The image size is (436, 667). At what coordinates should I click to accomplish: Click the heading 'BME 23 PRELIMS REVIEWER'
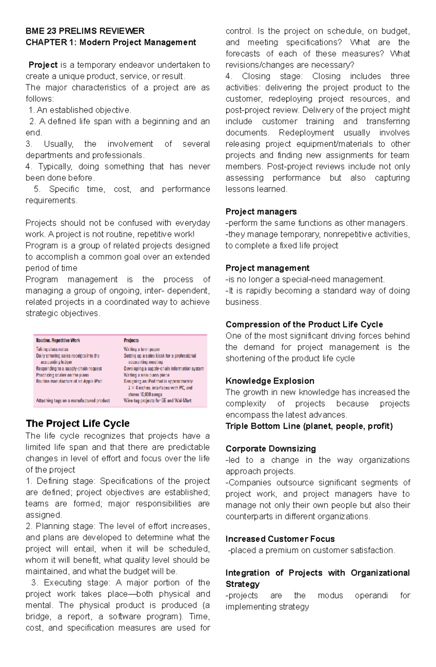[85, 31]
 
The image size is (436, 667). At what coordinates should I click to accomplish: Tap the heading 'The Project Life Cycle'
[77, 423]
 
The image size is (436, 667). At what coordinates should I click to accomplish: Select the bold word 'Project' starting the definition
[43, 65]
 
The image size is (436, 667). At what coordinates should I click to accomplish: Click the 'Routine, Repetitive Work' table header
[58, 341]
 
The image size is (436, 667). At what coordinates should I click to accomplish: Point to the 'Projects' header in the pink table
[131, 341]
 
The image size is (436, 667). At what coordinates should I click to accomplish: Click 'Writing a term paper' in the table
[142, 349]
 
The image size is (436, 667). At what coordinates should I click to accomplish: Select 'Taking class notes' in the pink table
[52, 349]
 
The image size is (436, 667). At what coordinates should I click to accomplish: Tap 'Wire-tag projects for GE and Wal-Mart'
[157, 401]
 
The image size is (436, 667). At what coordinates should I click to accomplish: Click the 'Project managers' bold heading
[261, 212]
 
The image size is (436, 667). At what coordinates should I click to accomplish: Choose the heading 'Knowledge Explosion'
[270, 381]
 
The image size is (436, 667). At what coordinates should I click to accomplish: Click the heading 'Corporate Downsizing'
[270, 449]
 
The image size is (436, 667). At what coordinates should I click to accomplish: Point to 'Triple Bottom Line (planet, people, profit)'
[309, 426]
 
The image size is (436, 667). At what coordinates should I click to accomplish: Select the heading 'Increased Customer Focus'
[280, 539]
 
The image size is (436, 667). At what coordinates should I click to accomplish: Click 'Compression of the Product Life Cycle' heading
[304, 324]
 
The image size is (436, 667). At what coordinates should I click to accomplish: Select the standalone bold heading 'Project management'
[267, 268]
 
